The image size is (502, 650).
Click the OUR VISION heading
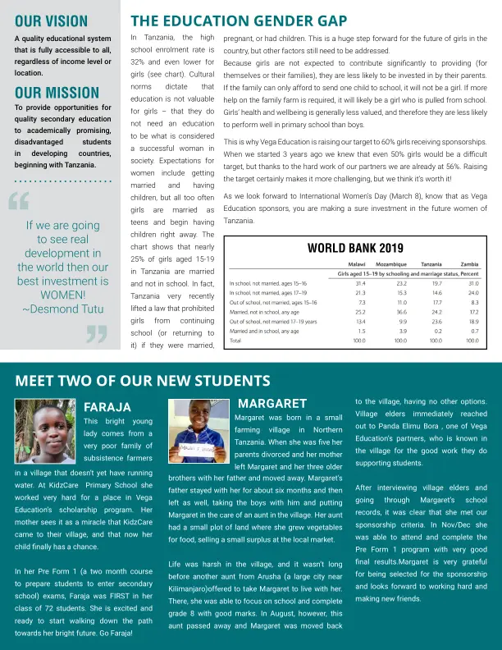click(51, 22)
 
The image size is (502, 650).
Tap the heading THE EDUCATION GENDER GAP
click(239, 21)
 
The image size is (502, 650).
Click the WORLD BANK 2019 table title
click(355, 248)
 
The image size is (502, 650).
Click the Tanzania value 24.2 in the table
click(436, 312)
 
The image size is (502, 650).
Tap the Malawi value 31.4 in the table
click(359, 283)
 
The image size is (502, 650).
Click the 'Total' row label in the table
click(235, 340)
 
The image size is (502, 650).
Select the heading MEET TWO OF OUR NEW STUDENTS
click(143, 381)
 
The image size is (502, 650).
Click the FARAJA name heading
click(107, 407)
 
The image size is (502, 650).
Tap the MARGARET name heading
click(272, 403)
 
